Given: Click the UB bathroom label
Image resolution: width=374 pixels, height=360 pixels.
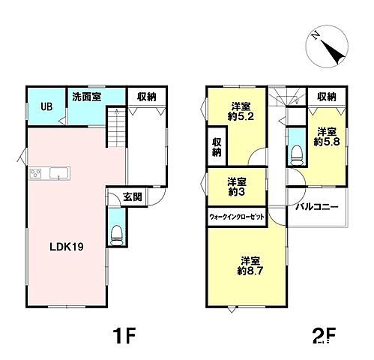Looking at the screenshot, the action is tap(46, 106).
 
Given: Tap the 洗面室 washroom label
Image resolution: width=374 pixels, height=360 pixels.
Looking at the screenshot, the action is tap(87, 97).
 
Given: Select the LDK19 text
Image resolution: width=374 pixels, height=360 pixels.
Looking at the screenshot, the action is tap(67, 247).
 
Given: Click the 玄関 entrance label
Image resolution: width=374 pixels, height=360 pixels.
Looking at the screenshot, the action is tap(133, 197).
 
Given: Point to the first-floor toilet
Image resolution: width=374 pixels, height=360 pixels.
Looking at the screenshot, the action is tap(116, 235).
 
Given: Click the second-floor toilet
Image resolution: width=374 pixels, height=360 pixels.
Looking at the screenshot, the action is tap(297, 155).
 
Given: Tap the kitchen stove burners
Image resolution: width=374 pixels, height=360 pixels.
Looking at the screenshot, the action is tap(35, 173).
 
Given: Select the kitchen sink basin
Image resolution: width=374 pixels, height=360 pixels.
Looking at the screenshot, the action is tap(59, 173).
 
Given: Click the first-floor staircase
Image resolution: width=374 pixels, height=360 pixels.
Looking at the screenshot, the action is tap(116, 127).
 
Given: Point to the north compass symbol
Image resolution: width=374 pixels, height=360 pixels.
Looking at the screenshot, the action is tap(327, 46).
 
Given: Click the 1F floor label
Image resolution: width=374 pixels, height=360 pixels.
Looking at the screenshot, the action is tap(124, 336).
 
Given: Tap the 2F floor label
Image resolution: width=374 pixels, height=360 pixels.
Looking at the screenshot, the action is tap(324, 336).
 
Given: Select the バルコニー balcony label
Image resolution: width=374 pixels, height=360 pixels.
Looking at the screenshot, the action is tap(317, 207).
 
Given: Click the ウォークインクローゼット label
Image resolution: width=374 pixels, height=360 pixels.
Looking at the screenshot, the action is tap(237, 217).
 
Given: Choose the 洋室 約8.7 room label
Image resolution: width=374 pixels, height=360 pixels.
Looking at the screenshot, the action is tap(250, 266).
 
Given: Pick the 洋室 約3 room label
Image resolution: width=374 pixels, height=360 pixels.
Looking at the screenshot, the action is tap(237, 187).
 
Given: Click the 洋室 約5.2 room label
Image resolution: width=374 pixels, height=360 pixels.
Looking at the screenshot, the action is tap(241, 112).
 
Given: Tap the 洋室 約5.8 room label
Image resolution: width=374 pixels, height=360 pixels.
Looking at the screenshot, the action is tap(327, 136).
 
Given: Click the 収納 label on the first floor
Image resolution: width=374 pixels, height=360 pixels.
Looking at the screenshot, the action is tap(146, 97).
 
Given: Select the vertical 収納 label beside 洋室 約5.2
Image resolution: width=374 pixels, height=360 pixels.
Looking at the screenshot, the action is tap(217, 147).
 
